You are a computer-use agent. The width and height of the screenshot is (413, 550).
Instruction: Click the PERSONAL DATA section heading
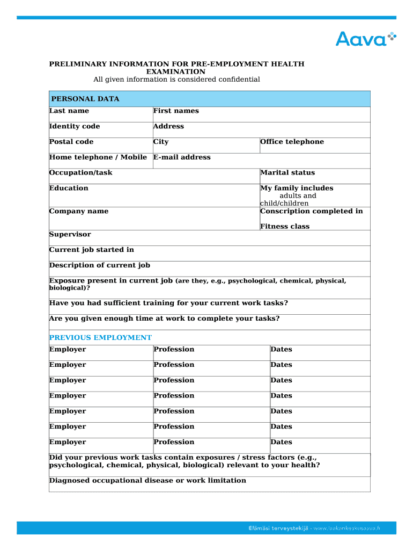(85, 99)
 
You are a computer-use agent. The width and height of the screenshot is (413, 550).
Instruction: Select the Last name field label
(69, 111)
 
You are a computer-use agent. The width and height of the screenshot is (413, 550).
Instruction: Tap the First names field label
(176, 111)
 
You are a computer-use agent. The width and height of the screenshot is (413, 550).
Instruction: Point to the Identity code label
(75, 127)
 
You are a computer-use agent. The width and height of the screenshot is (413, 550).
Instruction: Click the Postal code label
(71, 142)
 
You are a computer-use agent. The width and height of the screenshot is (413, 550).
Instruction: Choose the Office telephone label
(292, 142)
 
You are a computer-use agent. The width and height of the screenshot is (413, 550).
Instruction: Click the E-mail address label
(182, 157)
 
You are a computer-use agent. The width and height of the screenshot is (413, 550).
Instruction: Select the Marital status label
(287, 173)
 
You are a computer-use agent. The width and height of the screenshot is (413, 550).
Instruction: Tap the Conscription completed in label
(311, 211)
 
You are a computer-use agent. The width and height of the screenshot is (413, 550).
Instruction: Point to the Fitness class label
(285, 227)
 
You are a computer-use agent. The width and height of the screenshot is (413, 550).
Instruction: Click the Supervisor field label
(70, 235)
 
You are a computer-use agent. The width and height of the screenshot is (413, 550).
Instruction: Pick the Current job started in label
(92, 250)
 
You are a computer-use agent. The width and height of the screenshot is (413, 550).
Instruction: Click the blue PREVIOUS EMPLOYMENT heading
(100, 338)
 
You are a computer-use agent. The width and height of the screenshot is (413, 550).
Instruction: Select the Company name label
(79, 212)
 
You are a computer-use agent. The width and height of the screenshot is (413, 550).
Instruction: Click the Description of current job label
(100, 265)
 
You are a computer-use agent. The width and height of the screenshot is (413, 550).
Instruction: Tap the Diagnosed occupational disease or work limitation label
(147, 481)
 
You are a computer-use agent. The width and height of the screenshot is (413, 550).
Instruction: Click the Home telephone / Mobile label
(98, 157)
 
